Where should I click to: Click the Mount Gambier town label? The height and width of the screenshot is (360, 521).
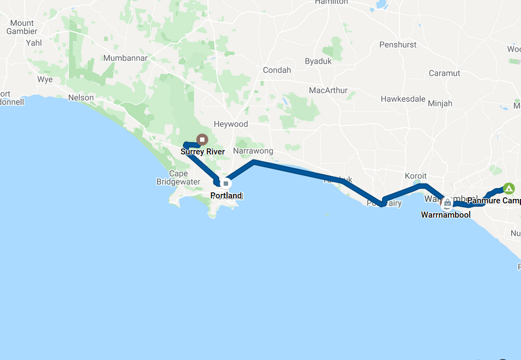[22, 27]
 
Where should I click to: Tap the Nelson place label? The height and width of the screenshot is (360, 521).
[81, 97]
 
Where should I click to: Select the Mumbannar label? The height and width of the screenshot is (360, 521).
[125, 58]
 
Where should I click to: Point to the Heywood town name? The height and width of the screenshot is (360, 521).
[231, 124]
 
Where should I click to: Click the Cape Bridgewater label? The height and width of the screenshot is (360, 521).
[178, 178]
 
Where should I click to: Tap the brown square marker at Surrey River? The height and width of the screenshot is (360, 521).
[202, 140]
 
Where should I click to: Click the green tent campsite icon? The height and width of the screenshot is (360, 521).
[509, 189]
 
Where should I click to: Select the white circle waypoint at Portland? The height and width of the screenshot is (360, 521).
[225, 183]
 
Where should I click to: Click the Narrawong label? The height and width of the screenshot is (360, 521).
[253, 151]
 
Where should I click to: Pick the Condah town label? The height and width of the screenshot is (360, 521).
[277, 70]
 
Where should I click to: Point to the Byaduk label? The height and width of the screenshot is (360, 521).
[318, 61]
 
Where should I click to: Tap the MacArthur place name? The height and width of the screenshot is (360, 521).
[328, 90]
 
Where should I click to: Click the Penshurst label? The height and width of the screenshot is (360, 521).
[398, 45]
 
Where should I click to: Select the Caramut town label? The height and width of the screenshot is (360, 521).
[444, 73]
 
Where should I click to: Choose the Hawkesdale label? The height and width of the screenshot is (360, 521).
[403, 99]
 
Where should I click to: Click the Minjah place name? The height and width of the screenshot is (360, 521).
[440, 103]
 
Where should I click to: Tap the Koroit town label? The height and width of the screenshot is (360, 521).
[415, 176]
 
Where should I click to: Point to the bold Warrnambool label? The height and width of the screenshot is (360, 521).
[446, 215]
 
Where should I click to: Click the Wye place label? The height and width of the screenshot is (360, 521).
[45, 79]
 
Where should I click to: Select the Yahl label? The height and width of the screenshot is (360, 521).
[34, 43]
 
